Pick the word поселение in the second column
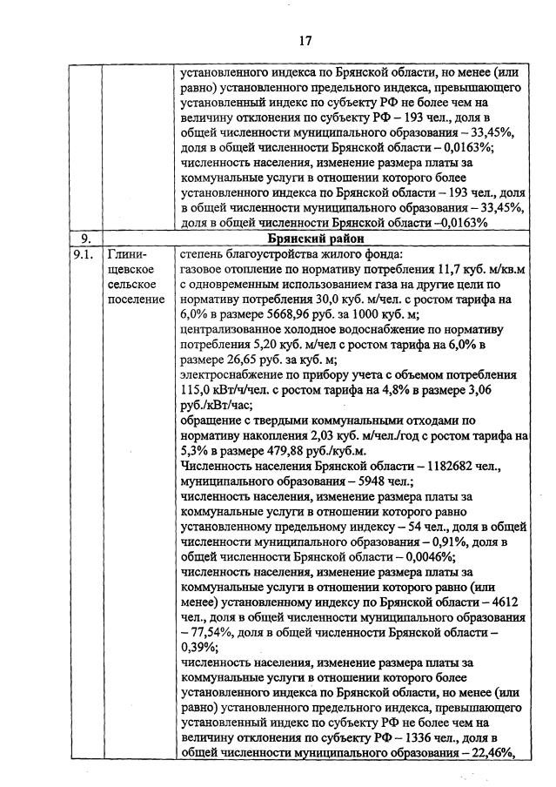coord(136,300)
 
